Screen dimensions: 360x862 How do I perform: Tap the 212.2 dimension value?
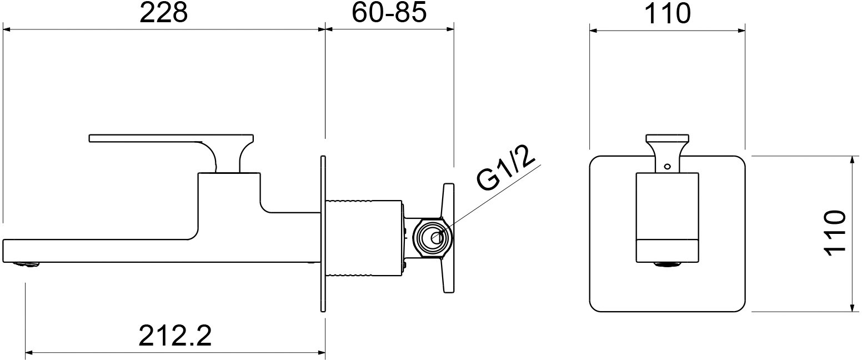click(175, 336)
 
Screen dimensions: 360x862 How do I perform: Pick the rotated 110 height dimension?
click(835, 233)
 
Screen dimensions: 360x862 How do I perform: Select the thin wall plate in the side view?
click(322, 233)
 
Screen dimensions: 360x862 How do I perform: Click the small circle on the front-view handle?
click(667, 165)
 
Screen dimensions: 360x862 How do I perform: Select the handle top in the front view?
click(667, 137)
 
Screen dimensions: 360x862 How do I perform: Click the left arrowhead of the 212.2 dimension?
click(29, 352)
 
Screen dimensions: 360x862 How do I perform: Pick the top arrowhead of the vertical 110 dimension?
click(852, 160)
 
